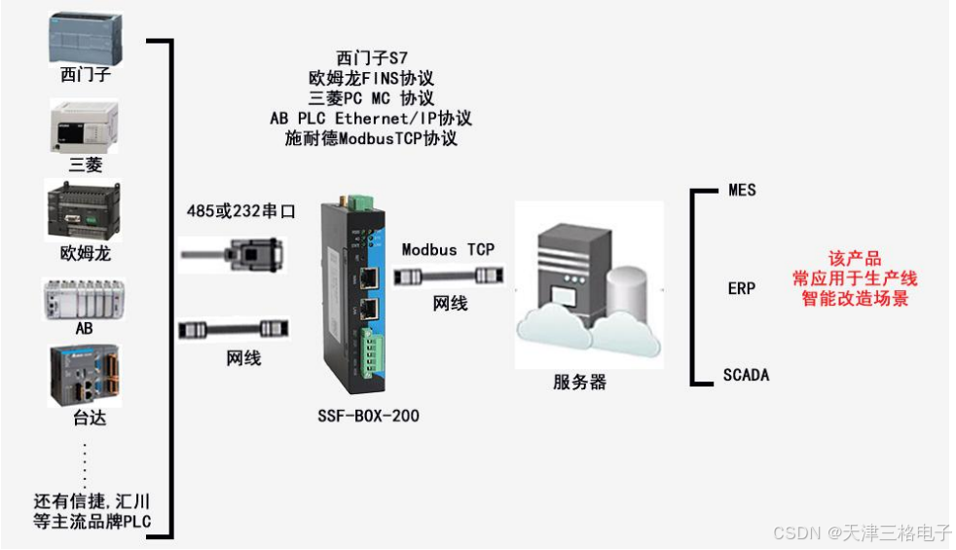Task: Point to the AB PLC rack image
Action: pos(85,300)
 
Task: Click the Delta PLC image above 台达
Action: pos(85,375)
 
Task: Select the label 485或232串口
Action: pos(239,210)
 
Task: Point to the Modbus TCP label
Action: pos(448,249)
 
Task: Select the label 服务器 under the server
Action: pos(579,383)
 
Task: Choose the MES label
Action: pos(742,190)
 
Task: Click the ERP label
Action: pos(742,288)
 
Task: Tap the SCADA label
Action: pos(746,375)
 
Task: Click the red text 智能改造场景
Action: pos(855,299)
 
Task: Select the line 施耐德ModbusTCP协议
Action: pos(371,138)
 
